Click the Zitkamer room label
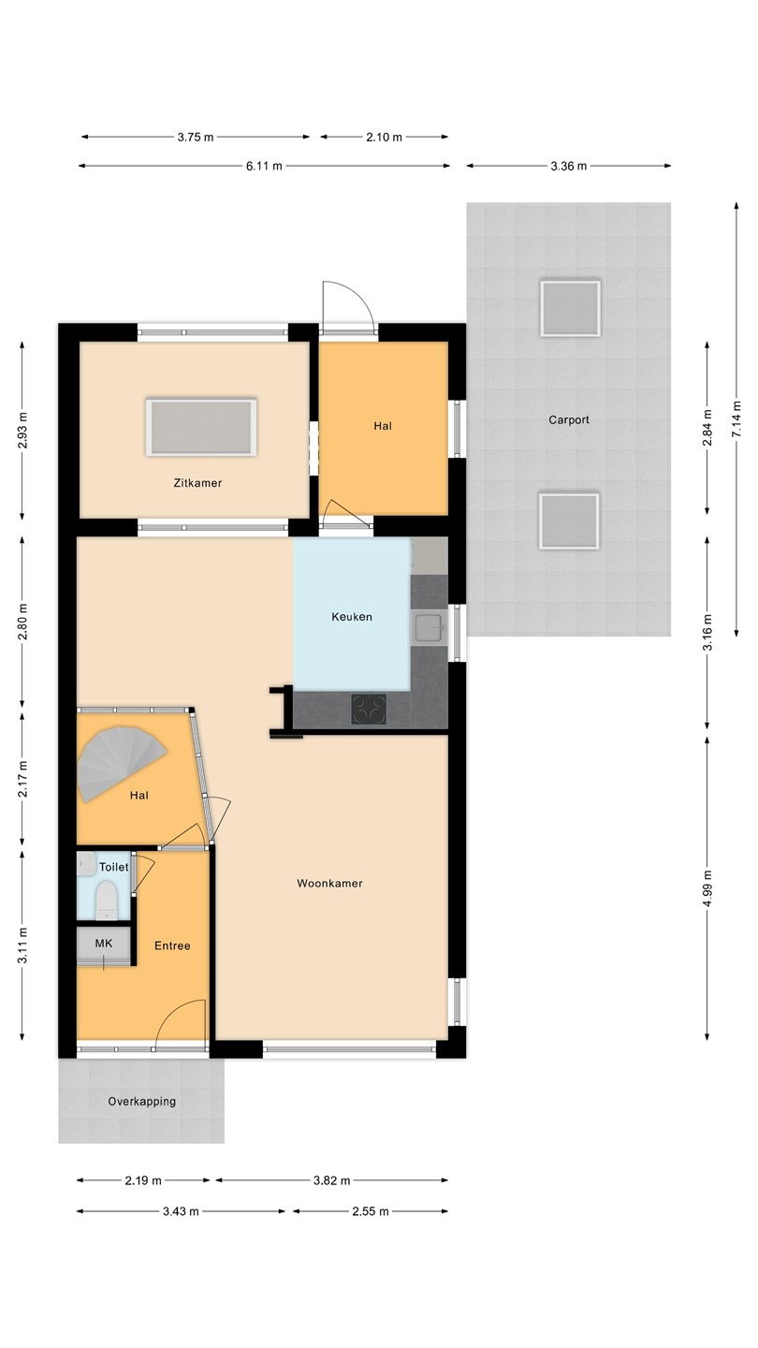point(197,483)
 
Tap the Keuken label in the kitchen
point(352,617)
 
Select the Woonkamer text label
point(329,884)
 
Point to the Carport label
point(569,419)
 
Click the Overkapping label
point(142,1101)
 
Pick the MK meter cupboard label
point(104,943)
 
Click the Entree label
point(172,945)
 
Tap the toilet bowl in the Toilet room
point(107,901)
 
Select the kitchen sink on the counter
point(430,627)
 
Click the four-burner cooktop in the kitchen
point(369,709)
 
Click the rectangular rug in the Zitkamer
point(201,427)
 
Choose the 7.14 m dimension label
point(737,418)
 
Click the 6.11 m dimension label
point(264,166)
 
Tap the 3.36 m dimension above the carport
point(569,166)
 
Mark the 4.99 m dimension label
point(708,888)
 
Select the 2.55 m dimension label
point(371,1211)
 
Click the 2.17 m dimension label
point(22,779)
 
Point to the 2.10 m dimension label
point(385,138)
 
